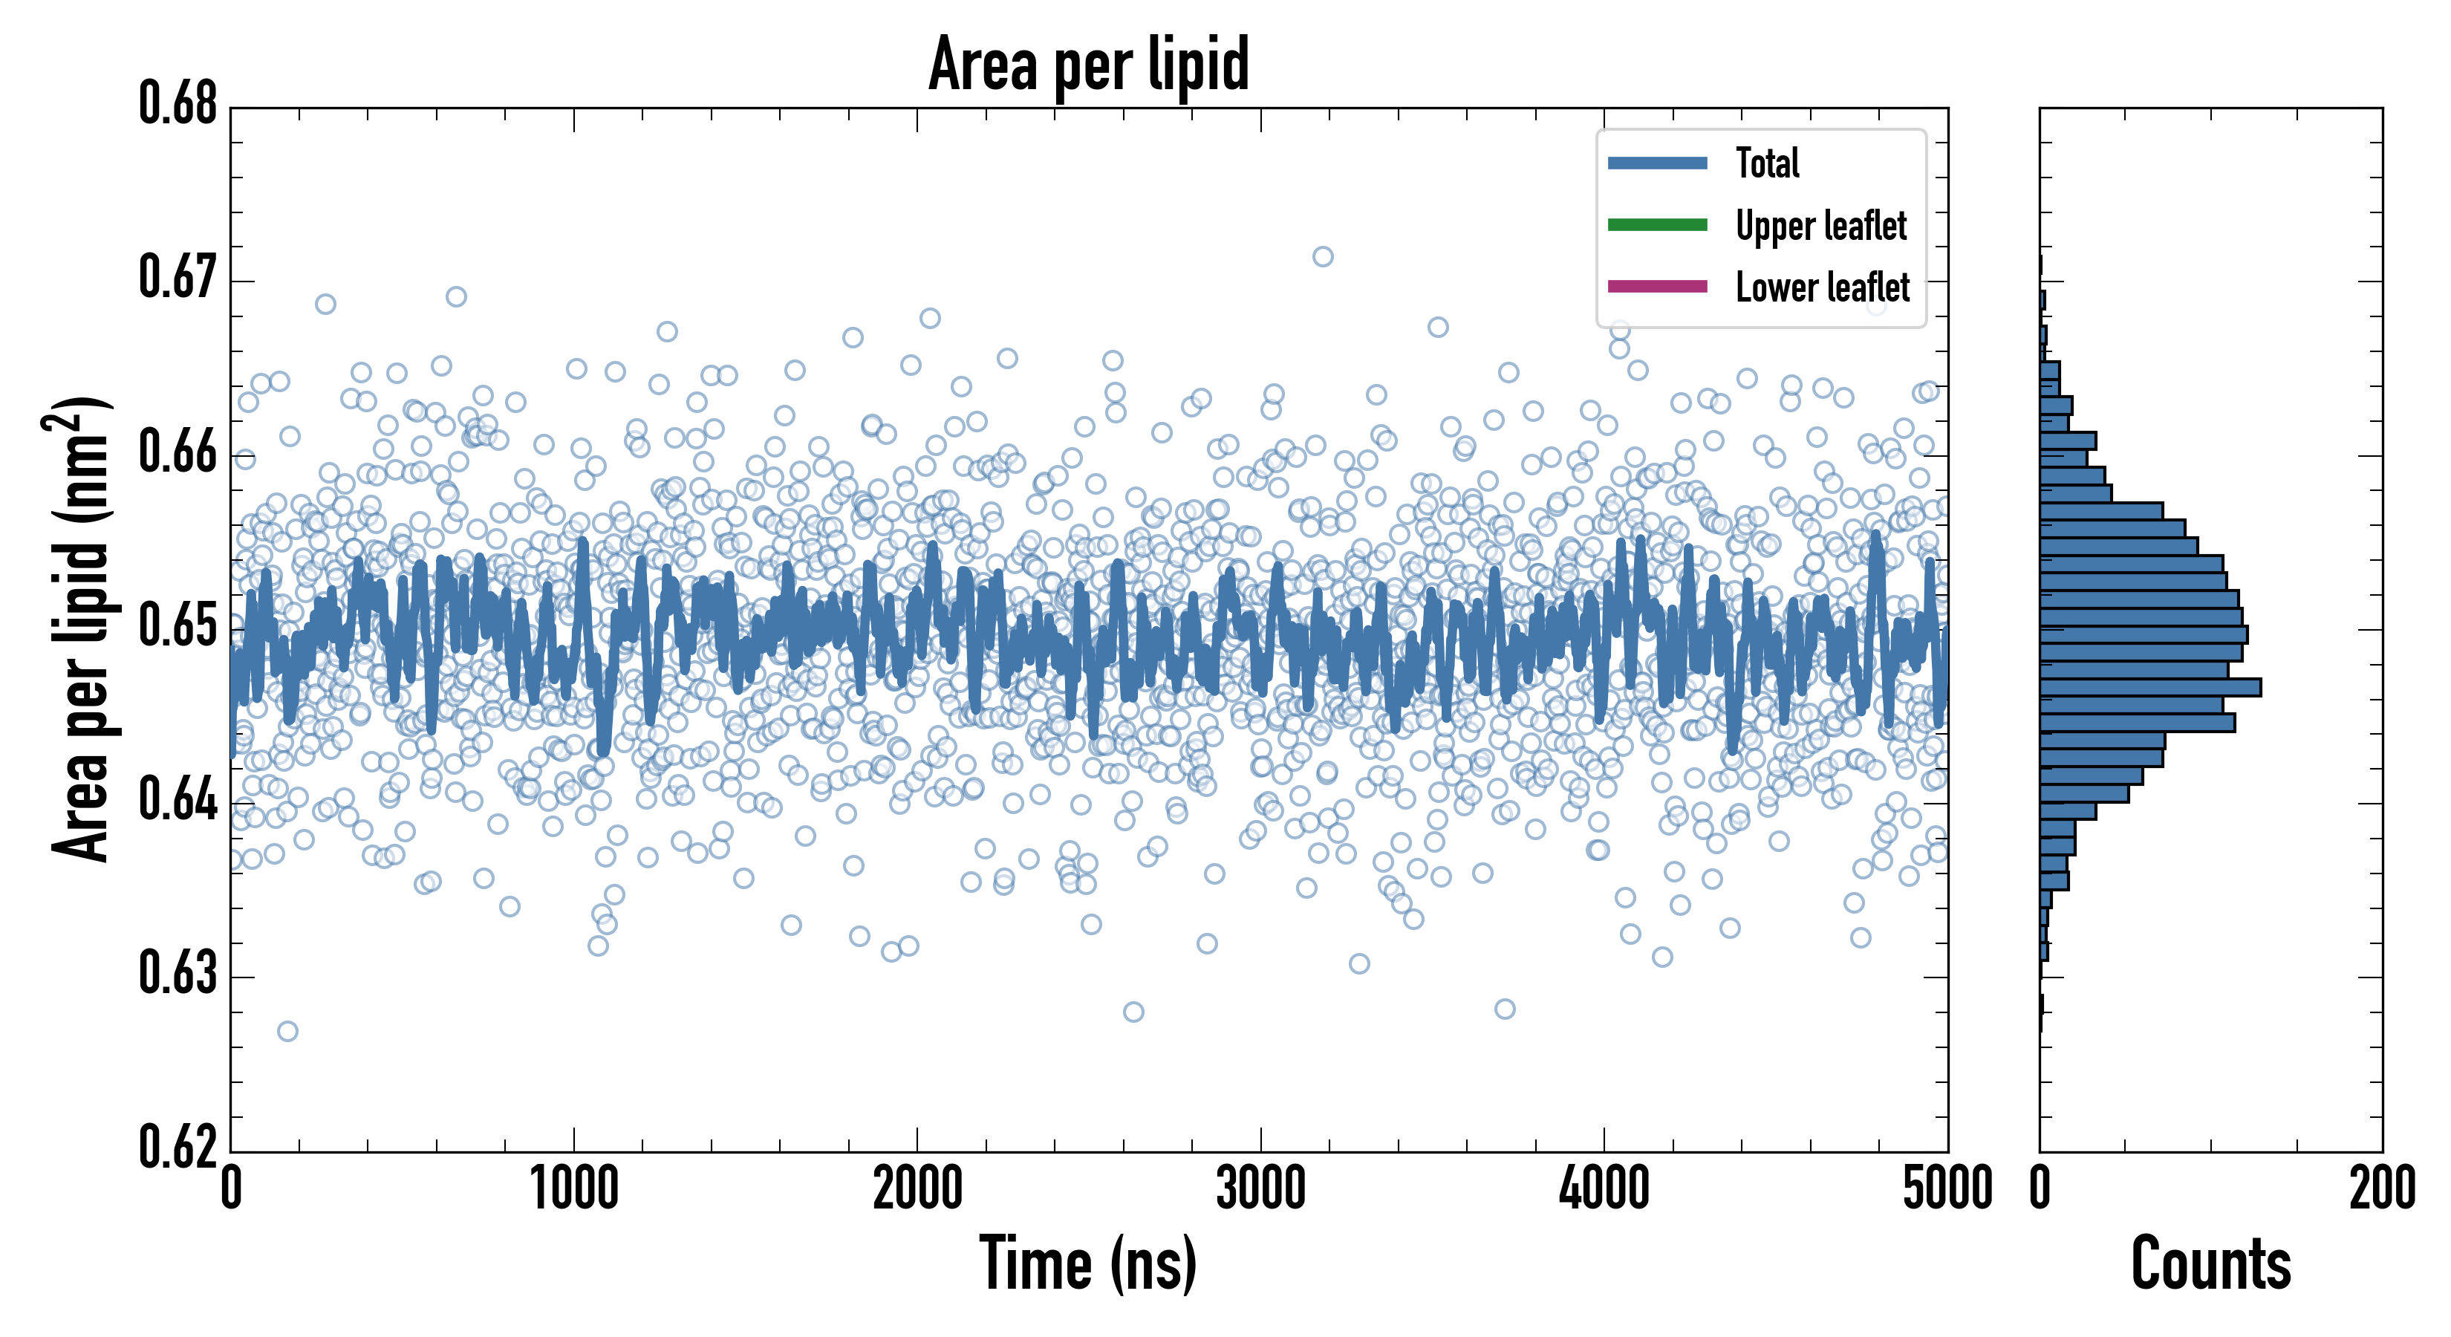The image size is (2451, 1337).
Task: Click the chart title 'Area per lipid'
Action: click(1089, 64)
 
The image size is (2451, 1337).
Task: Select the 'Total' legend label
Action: click(1767, 163)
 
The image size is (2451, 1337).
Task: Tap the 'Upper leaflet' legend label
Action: click(1820, 226)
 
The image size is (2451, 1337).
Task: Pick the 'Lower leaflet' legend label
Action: click(1822, 287)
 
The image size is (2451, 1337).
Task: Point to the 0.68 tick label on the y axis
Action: click(178, 104)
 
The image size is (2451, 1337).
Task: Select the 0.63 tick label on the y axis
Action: click(178, 974)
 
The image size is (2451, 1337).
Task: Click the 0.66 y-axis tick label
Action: click(178, 452)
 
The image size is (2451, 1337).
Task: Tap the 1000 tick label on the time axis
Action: click(573, 1189)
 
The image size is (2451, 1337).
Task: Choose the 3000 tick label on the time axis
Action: click(1260, 1189)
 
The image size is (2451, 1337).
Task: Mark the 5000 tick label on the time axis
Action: click(1947, 1189)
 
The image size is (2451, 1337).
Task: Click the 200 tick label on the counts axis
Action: click(2381, 1189)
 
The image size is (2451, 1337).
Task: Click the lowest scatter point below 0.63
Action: click(287, 1032)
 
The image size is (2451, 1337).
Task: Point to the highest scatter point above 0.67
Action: click(1323, 257)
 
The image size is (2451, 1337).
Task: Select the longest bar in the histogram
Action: click(2150, 687)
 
